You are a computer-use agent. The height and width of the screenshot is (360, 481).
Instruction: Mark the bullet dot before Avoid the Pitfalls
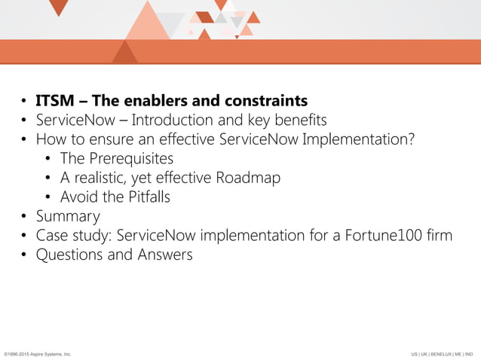click(49, 197)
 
